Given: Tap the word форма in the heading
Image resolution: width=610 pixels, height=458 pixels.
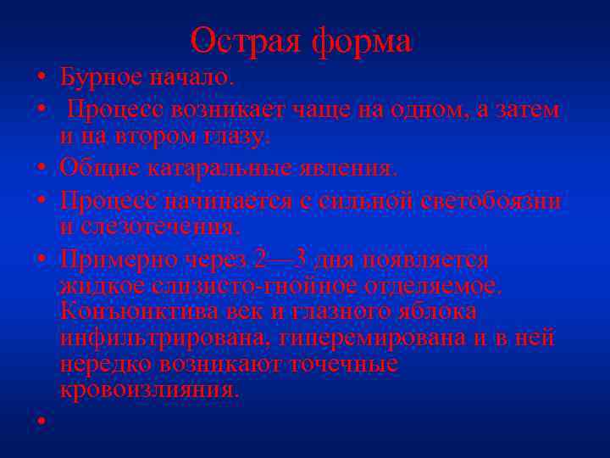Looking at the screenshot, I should tap(362, 41).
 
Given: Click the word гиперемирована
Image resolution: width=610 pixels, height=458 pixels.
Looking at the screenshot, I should tap(379, 338).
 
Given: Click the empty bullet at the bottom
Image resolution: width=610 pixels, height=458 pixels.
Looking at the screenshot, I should tap(40, 420).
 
